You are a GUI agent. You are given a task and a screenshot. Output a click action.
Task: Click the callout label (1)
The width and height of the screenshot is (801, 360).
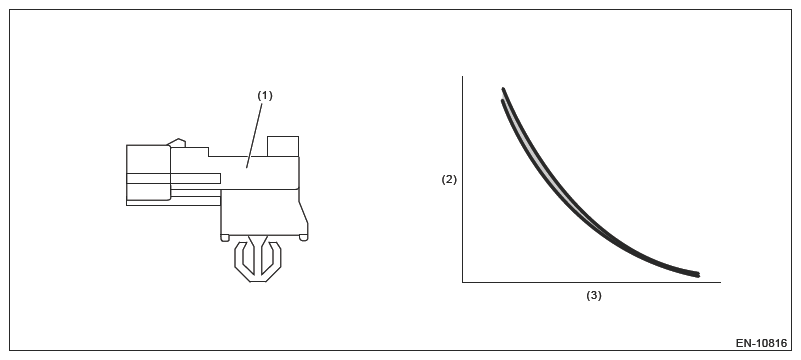[265, 96]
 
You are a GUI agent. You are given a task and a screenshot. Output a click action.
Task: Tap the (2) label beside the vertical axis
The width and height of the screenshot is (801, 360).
[449, 180]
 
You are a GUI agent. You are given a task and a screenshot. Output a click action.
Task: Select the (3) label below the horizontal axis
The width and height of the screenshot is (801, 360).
[594, 296]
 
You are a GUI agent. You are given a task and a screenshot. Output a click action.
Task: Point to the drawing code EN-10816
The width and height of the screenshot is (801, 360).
[761, 344]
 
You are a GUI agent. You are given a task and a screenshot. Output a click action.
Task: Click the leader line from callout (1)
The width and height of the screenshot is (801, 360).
[255, 134]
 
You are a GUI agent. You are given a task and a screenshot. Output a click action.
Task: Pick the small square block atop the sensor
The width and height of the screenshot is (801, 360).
[283, 147]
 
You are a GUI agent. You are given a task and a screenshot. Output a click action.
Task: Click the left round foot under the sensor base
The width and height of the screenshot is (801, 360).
[225, 237]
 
